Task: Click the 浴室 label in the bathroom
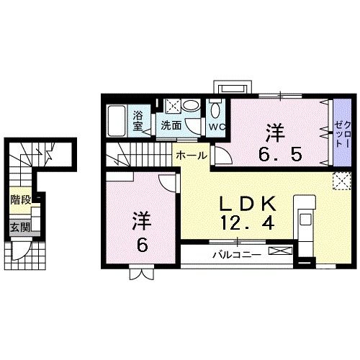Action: (140, 120)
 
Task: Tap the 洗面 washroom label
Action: (171, 125)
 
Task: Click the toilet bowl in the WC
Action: (215, 110)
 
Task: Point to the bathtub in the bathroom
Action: (117, 119)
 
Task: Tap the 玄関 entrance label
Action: (19, 228)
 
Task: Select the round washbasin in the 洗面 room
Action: (190, 105)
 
